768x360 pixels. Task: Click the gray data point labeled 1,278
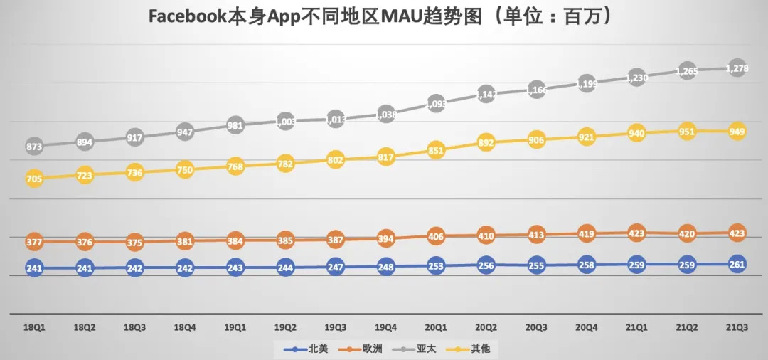point(737,68)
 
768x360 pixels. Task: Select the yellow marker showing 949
point(737,132)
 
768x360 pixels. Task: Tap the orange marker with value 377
point(34,242)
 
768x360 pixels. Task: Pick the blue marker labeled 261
point(737,264)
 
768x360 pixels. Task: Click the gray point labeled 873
point(34,147)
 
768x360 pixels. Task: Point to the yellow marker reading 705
point(34,179)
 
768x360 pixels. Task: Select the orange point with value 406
point(436,236)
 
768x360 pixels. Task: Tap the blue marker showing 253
point(436,266)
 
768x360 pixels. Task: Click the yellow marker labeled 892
point(486,142)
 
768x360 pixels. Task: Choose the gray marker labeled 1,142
point(486,94)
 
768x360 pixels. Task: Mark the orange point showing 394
point(385,239)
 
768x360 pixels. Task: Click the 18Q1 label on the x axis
point(34,328)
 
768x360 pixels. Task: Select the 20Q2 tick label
point(486,328)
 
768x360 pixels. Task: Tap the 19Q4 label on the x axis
point(385,328)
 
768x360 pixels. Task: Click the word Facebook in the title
point(188,17)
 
